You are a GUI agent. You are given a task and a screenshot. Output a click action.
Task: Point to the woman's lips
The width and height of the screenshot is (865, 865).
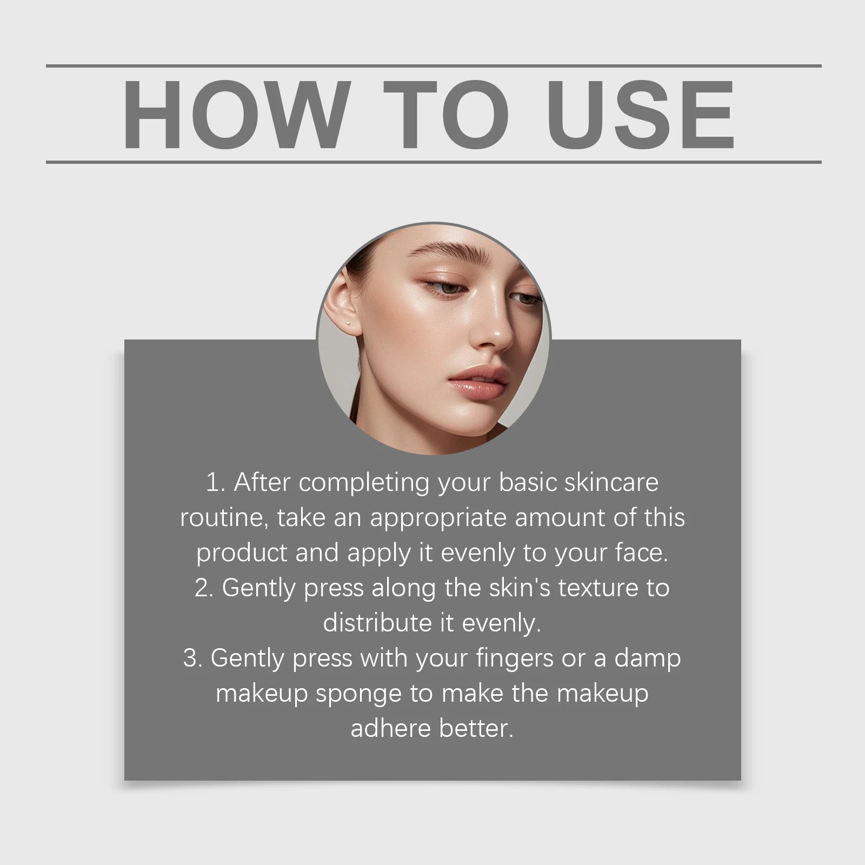point(478,381)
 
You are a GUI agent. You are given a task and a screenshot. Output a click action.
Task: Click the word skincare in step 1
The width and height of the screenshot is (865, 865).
point(611,482)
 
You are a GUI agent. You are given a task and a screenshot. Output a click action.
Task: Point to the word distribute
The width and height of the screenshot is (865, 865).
point(377,623)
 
